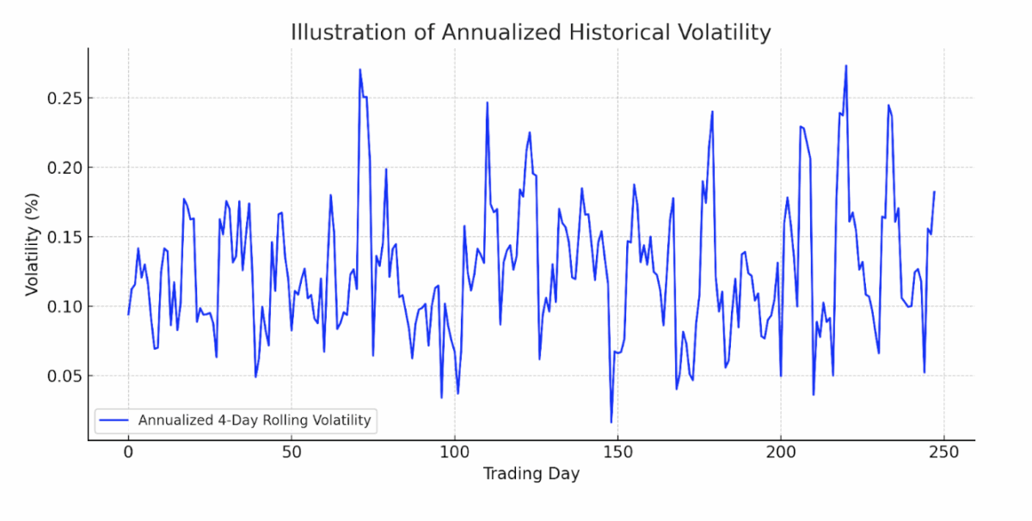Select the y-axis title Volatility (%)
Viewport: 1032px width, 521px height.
[x=32, y=243]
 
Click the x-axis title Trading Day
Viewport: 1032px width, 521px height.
[x=531, y=474]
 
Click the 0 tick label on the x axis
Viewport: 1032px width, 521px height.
[x=128, y=453]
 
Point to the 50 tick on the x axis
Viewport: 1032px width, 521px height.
[x=291, y=453]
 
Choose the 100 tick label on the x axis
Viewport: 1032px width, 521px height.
[x=454, y=453]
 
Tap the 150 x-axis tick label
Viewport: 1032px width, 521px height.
[x=617, y=453]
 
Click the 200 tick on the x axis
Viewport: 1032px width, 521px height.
[x=781, y=453]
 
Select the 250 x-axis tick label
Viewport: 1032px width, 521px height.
[x=943, y=453]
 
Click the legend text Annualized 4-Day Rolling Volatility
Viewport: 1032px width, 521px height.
[x=255, y=420]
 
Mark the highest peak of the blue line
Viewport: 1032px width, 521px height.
[x=846, y=65]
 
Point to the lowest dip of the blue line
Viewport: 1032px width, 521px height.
[x=611, y=422]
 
